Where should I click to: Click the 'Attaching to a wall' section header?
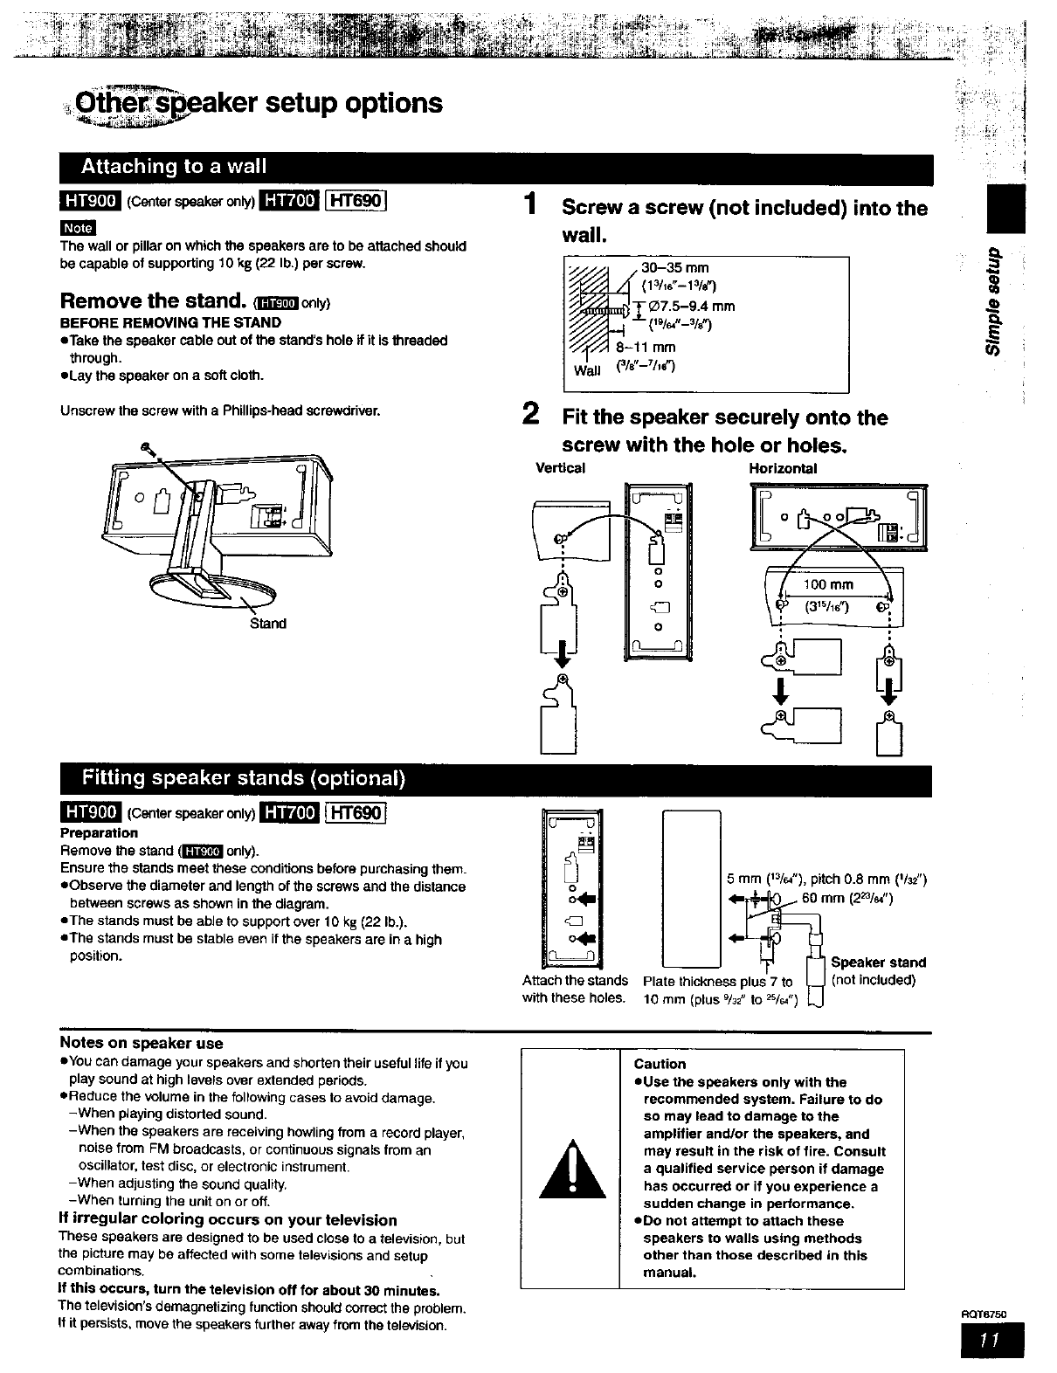[174, 167]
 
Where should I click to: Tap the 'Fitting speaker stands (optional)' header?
[243, 778]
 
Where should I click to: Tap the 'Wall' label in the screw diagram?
[587, 370]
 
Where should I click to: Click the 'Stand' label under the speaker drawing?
[268, 623]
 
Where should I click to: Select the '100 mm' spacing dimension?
[829, 584]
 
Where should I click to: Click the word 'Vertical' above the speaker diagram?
[560, 468]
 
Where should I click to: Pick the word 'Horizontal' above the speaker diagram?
[783, 468]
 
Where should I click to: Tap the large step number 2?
[529, 413]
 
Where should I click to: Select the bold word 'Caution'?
[660, 1064]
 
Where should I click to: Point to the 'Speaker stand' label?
[878, 962]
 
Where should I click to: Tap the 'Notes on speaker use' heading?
[142, 1043]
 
